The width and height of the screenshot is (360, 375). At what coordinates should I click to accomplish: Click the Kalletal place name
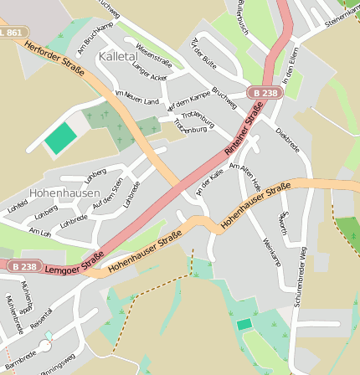coord(118,56)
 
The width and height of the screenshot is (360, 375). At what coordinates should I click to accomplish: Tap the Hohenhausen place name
coord(64,193)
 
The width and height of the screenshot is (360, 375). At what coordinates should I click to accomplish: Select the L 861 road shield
coord(11,32)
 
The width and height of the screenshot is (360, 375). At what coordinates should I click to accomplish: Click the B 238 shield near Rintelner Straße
coord(264,93)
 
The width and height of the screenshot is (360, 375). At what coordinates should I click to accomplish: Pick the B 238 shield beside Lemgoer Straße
coord(26,266)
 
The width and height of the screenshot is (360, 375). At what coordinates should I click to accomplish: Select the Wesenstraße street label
coord(152,55)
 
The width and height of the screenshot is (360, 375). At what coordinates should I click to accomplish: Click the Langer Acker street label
coord(149,74)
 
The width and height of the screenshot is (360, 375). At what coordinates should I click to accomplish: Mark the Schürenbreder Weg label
coord(301,276)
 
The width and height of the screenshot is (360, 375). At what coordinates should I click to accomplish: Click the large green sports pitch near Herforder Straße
coord(60,138)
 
